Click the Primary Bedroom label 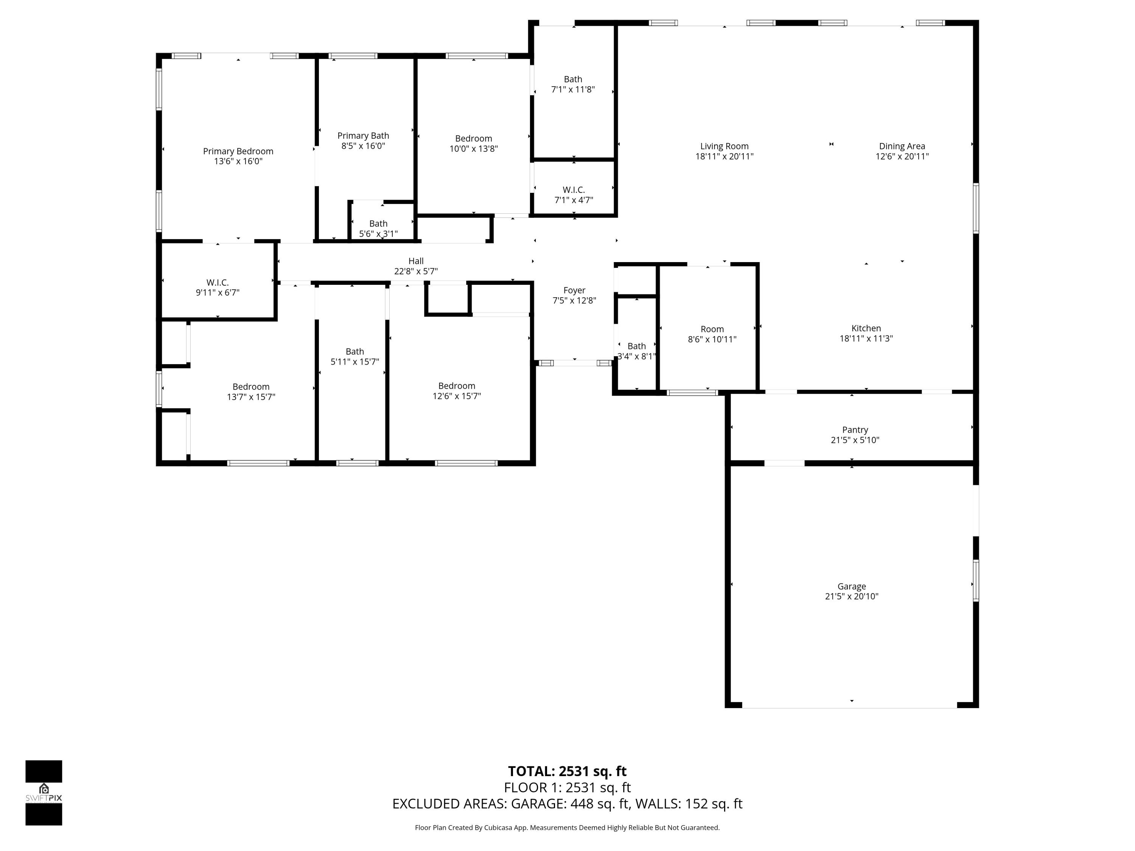[x=238, y=151]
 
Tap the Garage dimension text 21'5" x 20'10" [x=851, y=596]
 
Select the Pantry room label [x=855, y=430]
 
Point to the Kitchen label [x=866, y=328]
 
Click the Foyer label [x=574, y=290]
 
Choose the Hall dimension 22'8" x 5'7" [x=416, y=271]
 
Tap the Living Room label [x=724, y=146]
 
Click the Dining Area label [x=902, y=146]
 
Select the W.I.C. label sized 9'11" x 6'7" [x=218, y=283]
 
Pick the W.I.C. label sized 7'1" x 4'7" [x=574, y=190]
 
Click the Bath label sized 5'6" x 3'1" [x=378, y=224]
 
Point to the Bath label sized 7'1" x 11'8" [x=573, y=79]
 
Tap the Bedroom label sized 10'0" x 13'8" [x=473, y=138]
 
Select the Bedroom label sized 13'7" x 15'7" [x=251, y=387]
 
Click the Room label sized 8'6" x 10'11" [x=712, y=329]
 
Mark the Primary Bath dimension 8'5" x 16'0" [x=363, y=146]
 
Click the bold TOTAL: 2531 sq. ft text [x=567, y=772]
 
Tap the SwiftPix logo [x=44, y=792]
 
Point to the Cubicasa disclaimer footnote [x=567, y=828]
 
